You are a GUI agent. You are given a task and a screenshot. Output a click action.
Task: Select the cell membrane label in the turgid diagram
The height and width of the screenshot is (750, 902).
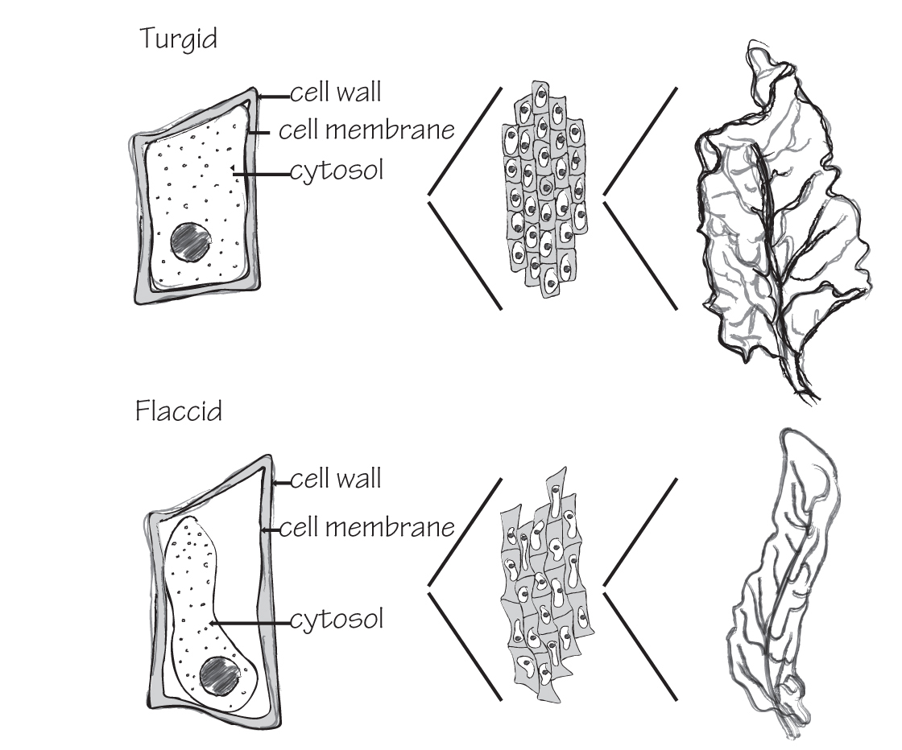[366, 130]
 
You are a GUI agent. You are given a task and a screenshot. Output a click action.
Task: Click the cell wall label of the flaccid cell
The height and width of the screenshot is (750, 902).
[335, 479]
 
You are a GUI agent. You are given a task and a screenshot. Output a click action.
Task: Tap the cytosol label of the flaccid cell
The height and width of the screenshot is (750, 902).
[335, 620]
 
